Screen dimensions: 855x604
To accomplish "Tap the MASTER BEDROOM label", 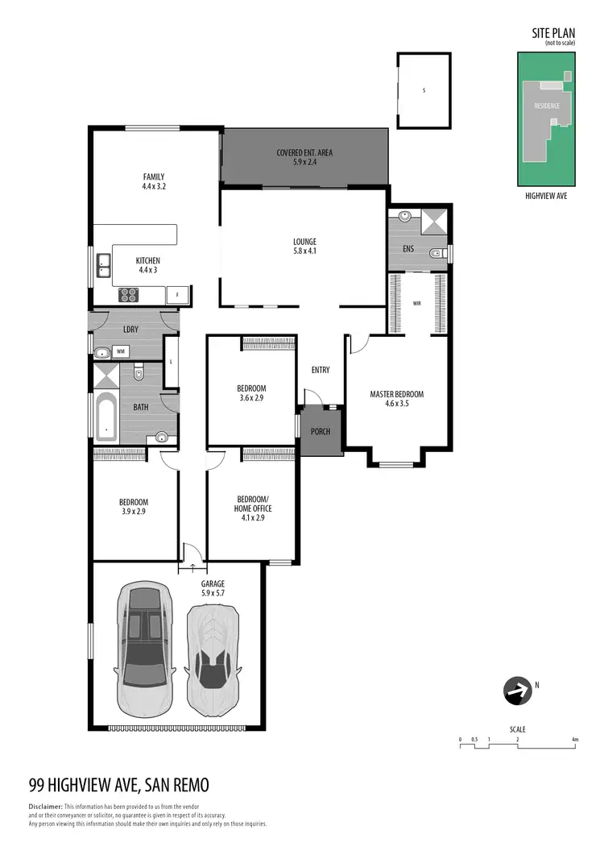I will (396, 394).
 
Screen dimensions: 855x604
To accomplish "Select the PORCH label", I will (321, 430).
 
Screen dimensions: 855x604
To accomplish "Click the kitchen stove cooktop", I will (130, 295).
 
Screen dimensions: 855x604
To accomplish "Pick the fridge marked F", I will (177, 296).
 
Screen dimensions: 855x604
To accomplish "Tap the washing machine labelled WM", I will (121, 351).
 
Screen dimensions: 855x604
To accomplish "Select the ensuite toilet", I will (436, 253).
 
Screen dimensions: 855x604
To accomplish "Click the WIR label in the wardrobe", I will (417, 305).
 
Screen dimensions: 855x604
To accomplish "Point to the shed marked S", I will (424, 90).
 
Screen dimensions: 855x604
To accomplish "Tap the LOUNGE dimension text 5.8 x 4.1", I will (304, 251).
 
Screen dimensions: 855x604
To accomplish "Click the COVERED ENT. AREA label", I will (304, 152).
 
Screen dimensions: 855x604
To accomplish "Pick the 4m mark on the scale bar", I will (575, 739).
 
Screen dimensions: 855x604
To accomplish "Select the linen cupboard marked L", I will (172, 362).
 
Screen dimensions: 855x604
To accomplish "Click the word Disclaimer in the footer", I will (45, 807).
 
